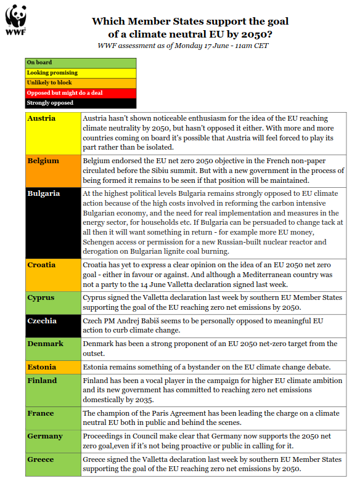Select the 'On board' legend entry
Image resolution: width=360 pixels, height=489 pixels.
39,63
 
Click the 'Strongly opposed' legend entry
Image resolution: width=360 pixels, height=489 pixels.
50,103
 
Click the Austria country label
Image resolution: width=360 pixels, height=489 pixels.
41,118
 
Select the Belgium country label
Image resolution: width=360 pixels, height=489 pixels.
43,161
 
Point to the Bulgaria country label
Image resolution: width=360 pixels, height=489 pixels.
44,193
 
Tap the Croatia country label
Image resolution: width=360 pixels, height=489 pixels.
41,265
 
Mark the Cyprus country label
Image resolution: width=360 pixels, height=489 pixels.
41,297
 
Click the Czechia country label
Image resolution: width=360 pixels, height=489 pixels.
42,321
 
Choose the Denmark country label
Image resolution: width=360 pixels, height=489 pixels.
45,344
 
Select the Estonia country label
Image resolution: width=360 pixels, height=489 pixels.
42,367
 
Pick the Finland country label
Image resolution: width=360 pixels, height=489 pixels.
42,381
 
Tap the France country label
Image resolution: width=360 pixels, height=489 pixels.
40,413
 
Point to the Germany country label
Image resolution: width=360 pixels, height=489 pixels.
45,436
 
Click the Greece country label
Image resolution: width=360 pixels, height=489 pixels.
41,459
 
